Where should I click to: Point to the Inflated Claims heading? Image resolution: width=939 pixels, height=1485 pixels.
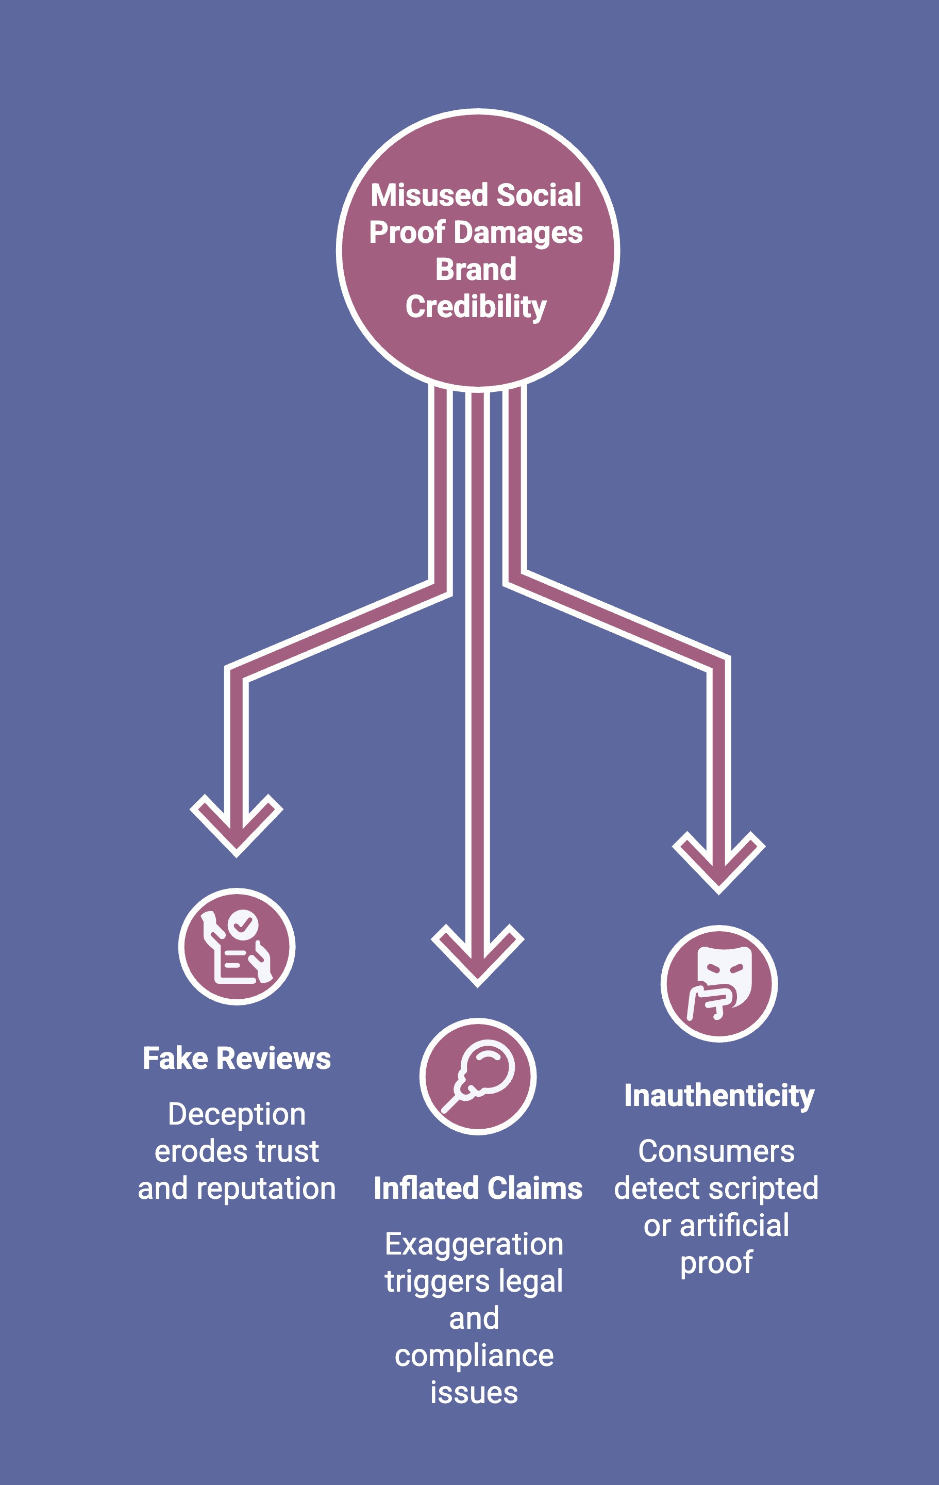pyautogui.click(x=478, y=1189)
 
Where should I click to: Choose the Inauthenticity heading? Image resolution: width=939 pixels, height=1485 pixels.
pyautogui.click(x=719, y=1096)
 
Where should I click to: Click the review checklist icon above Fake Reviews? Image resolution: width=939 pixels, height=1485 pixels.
pyautogui.click(x=237, y=947)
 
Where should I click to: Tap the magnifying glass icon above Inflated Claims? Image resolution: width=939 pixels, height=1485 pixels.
pyautogui.click(x=478, y=1077)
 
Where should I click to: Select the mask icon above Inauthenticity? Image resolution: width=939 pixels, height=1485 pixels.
pyautogui.click(x=719, y=984)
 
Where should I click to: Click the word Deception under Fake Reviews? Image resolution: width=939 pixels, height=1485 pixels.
pyautogui.click(x=237, y=1114)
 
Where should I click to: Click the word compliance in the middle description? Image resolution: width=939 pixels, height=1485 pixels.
pyautogui.click(x=474, y=1356)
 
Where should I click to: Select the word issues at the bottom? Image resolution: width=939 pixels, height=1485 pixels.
pyautogui.click(x=474, y=1393)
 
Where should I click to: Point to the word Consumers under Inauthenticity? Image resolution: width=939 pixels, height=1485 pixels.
pyautogui.click(x=716, y=1151)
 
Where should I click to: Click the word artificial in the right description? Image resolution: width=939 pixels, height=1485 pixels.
pyautogui.click(x=734, y=1226)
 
